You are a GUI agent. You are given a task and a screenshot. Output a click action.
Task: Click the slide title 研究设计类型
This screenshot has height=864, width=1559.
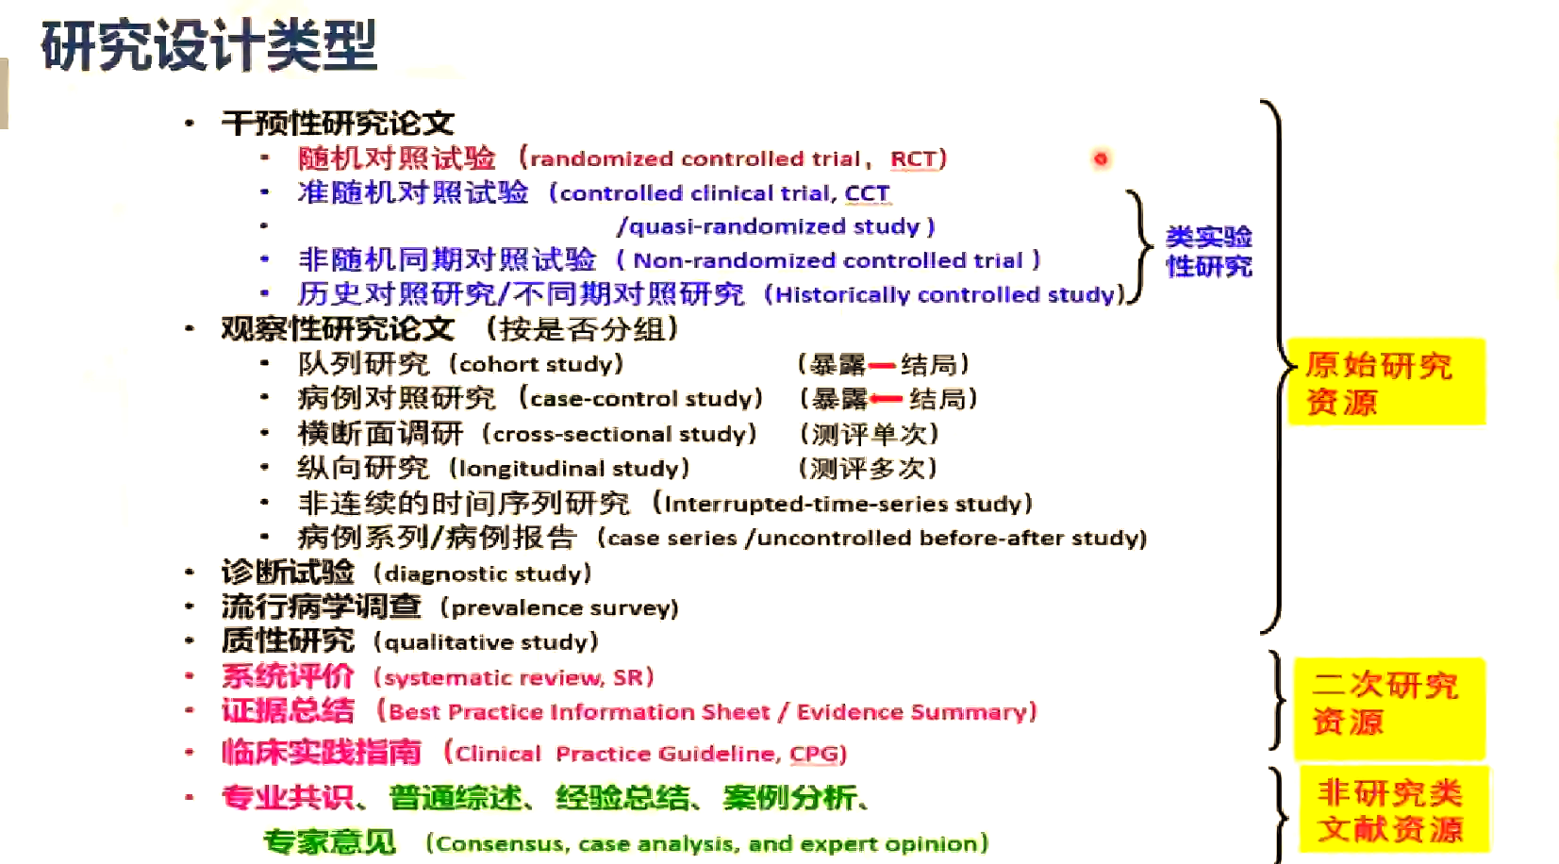pyautogui.click(x=208, y=45)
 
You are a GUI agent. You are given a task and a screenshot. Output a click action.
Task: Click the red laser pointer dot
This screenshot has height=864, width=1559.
pyautogui.click(x=1100, y=158)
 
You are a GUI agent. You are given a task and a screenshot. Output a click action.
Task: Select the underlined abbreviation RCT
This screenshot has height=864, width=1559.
pyautogui.click(x=913, y=158)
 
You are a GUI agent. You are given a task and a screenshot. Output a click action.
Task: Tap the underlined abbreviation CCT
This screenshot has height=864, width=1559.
pyautogui.click(x=867, y=193)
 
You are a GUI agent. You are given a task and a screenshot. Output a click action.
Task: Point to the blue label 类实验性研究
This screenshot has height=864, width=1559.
pyautogui.click(x=1208, y=252)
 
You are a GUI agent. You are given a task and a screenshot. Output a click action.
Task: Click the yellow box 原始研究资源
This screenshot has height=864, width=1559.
pyautogui.click(x=1385, y=383)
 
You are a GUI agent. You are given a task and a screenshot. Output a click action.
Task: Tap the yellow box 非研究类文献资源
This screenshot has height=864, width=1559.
pyautogui.click(x=1392, y=810)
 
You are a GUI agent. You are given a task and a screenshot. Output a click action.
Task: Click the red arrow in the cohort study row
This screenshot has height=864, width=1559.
pyautogui.click(x=882, y=365)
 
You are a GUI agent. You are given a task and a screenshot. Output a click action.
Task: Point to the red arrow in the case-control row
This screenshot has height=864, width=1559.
pyautogui.click(x=887, y=399)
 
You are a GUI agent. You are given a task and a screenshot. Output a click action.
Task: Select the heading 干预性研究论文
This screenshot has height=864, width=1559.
pyautogui.click(x=337, y=123)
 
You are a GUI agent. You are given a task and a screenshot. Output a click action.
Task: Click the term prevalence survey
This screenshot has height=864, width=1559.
pyautogui.click(x=564, y=607)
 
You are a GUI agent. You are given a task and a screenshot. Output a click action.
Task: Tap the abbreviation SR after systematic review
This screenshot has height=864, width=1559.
pyautogui.click(x=628, y=677)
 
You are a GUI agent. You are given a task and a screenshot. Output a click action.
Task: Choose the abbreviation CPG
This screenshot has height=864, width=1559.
pyautogui.click(x=814, y=754)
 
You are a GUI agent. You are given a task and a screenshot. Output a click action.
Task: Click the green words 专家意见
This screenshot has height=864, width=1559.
pyautogui.click(x=329, y=841)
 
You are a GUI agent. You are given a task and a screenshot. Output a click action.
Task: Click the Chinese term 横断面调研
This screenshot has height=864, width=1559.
pyautogui.click(x=380, y=434)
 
